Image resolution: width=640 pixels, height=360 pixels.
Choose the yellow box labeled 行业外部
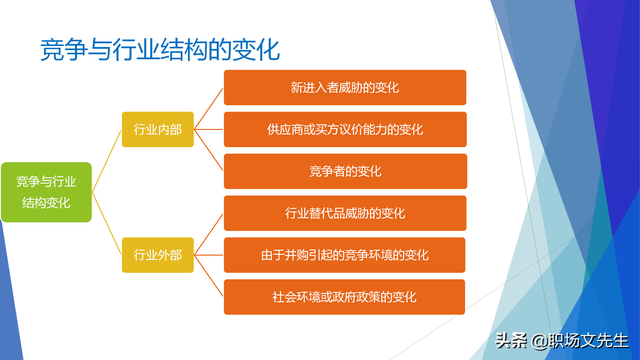click(x=157, y=255)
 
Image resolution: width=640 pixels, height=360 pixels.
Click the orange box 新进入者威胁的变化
click(x=344, y=88)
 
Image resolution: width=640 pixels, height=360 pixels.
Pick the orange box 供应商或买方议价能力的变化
click(x=344, y=129)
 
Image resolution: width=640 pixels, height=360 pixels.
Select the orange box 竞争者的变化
click(x=344, y=171)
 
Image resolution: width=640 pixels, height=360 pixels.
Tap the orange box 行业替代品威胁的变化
click(x=344, y=213)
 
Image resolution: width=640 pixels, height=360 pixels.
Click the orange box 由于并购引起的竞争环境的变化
click(x=344, y=255)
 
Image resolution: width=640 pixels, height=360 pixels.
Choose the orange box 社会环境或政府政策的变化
click(x=344, y=297)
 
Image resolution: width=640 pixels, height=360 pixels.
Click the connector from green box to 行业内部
click(x=107, y=160)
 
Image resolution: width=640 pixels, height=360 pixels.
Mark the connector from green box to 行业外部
click(x=107, y=224)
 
